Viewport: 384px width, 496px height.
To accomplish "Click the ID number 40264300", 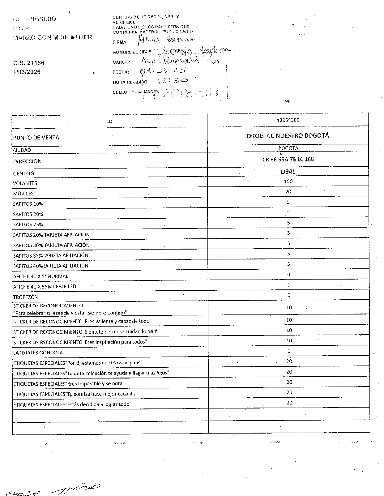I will click(x=288, y=120).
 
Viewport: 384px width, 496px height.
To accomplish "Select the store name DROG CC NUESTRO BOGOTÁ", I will click(x=288, y=136).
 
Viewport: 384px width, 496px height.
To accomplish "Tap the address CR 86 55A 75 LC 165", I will click(x=288, y=160).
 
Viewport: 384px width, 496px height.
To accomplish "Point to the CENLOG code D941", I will click(x=288, y=172).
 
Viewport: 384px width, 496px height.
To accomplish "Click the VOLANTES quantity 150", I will click(x=288, y=182).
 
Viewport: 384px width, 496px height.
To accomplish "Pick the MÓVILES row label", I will click(x=23, y=194).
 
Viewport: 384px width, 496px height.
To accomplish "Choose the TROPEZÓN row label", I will click(x=25, y=297).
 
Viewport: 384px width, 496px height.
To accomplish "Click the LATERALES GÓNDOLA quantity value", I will click(x=289, y=351).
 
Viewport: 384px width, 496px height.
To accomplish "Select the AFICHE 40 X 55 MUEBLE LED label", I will click(x=45, y=287).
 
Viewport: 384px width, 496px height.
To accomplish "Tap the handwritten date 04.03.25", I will click(x=163, y=71).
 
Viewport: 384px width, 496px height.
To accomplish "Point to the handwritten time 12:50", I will click(x=172, y=81).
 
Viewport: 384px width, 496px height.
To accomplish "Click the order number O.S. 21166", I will click(x=29, y=63).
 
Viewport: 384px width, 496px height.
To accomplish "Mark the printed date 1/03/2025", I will click(x=27, y=72).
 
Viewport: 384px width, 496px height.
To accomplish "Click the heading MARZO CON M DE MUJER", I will click(x=53, y=37).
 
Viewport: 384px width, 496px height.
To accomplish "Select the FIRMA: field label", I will click(x=120, y=42).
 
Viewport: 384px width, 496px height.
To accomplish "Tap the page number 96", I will click(x=288, y=101).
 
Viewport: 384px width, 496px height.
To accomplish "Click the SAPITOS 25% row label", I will click(x=28, y=225).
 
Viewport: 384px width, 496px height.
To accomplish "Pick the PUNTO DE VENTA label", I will click(x=36, y=138).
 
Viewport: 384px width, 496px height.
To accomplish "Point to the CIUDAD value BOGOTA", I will click(x=288, y=148).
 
